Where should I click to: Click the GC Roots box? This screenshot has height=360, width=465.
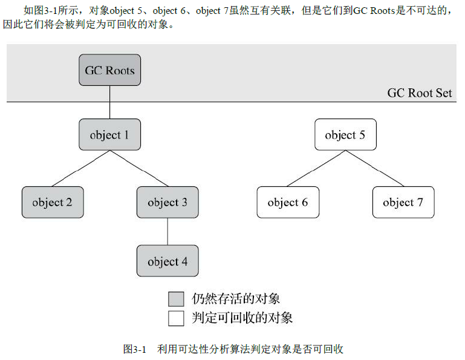pyautogui.click(x=109, y=70)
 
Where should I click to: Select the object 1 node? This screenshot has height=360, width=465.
pyautogui.click(x=109, y=134)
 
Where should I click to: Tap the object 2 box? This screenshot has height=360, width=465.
pyautogui.click(x=53, y=202)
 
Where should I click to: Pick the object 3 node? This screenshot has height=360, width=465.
pyautogui.click(x=167, y=202)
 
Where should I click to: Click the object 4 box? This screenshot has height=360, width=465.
pyautogui.click(x=167, y=261)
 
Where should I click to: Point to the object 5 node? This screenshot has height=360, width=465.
pyautogui.click(x=345, y=134)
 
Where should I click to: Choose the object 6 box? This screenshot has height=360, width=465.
pyautogui.click(x=288, y=202)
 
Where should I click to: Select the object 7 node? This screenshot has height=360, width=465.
pyautogui.click(x=403, y=202)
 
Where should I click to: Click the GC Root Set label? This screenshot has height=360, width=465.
pyautogui.click(x=420, y=93)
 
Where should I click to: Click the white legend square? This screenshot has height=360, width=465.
pyautogui.click(x=176, y=317)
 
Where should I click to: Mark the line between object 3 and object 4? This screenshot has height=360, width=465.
pyautogui.click(x=167, y=232)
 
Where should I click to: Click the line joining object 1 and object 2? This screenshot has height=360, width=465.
pyautogui.click(x=81, y=168)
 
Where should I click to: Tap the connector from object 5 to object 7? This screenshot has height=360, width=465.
pyautogui.click(x=374, y=168)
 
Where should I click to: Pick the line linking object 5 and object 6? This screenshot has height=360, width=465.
pyautogui.click(x=316, y=168)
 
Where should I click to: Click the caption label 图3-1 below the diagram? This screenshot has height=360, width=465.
pyautogui.click(x=135, y=349)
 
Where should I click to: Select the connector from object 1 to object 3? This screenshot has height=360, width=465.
pyautogui.click(x=138, y=168)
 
